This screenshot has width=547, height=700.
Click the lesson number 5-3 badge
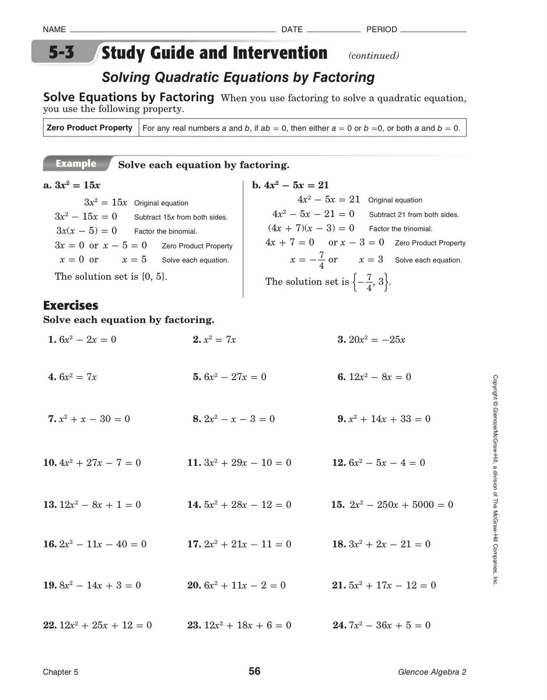click(61, 53)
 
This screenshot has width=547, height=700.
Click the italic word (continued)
click(373, 56)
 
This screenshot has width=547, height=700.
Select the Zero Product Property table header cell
click(90, 128)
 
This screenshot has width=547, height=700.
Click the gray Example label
click(76, 164)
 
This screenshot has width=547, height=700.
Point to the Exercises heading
click(70, 305)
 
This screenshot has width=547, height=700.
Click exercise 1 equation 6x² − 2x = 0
click(87, 339)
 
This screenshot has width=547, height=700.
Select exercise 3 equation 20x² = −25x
click(376, 339)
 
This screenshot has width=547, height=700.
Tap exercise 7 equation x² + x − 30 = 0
click(94, 419)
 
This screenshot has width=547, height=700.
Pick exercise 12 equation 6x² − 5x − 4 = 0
click(386, 462)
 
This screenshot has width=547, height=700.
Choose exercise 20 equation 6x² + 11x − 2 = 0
click(244, 585)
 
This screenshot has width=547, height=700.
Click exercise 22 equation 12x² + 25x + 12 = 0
click(105, 625)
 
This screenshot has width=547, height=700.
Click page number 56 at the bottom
click(254, 671)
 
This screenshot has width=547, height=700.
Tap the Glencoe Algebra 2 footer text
click(432, 672)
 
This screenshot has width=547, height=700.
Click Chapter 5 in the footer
click(60, 672)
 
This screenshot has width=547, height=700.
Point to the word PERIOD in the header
click(382, 29)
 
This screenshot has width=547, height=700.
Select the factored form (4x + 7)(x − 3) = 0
click(311, 228)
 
